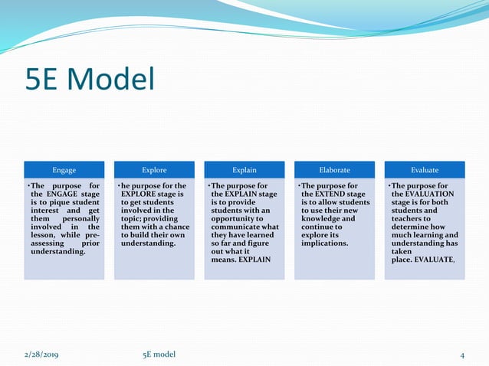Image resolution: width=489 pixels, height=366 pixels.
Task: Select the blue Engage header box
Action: click(x=64, y=170)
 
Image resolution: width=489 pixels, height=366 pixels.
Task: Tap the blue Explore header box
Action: click(x=154, y=170)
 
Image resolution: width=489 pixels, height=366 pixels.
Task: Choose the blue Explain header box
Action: click(x=244, y=170)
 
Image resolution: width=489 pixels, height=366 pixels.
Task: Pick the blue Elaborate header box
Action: click(x=335, y=170)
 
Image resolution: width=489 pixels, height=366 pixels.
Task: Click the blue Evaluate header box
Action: click(x=425, y=170)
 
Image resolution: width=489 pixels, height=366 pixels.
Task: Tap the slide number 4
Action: click(x=462, y=354)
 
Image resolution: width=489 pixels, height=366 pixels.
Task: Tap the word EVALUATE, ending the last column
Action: click(x=434, y=260)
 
